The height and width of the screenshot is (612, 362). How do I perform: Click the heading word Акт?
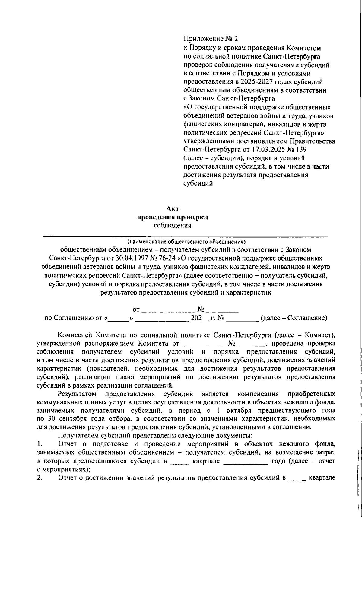[x=173, y=208]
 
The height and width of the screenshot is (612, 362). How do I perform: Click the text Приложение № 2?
[x=211, y=39]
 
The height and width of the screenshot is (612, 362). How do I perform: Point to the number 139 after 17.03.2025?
[x=301, y=149]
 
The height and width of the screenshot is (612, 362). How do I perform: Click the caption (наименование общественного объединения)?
[x=186, y=242]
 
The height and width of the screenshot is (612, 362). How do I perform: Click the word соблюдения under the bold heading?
[x=173, y=226]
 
